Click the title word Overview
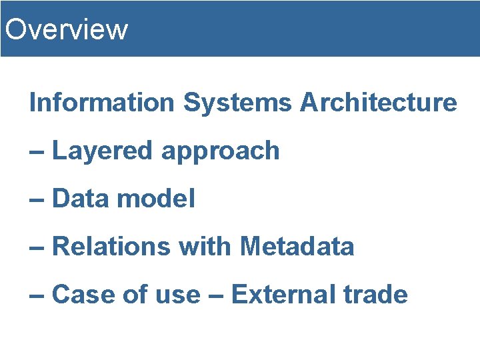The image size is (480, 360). [x=65, y=29]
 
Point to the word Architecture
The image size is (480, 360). [x=378, y=103]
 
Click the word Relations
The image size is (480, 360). [x=111, y=247]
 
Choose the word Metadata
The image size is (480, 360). [x=297, y=247]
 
